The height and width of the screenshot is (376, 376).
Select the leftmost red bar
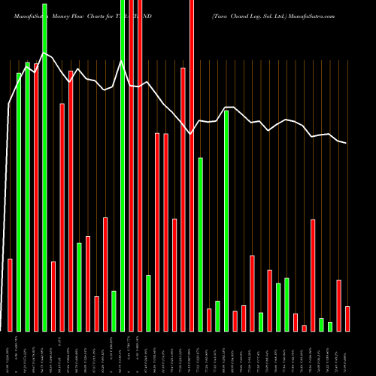coord(11,295)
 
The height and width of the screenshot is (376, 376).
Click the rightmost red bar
coord(347,318)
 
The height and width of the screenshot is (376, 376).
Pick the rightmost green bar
coord(330,326)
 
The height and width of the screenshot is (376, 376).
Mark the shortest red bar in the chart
coord(305,328)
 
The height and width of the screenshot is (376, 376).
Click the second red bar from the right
coord(339,305)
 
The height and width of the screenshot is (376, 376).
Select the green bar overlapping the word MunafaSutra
coord(44,165)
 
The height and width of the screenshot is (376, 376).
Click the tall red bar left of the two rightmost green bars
coord(313,275)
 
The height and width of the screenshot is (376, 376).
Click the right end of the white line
coord(347,143)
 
